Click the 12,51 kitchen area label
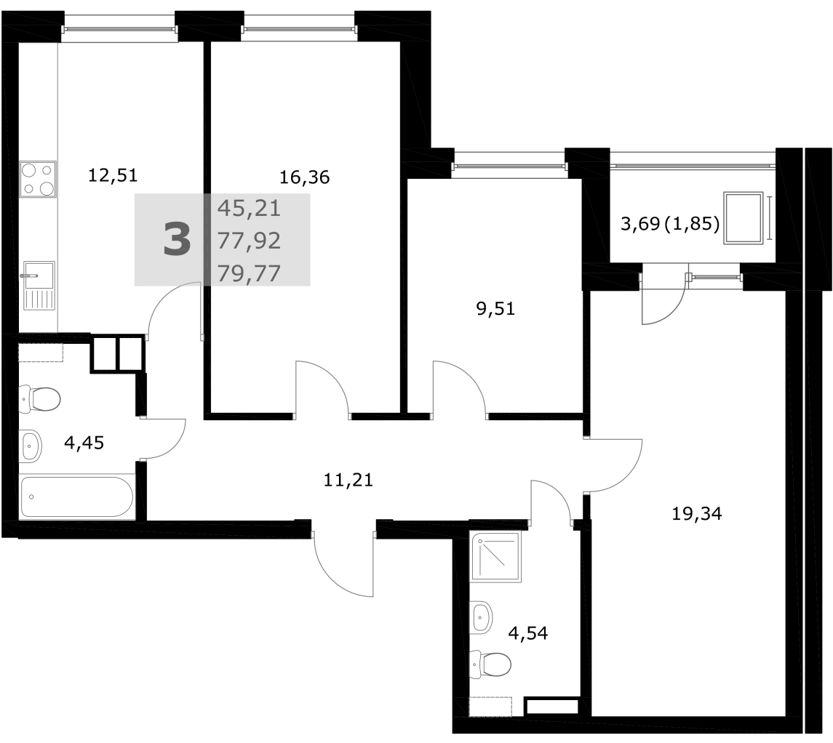tap(113, 174)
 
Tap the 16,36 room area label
tap(304, 177)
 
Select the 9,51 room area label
tap(495, 308)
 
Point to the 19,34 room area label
tap(697, 513)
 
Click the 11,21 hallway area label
tap(348, 480)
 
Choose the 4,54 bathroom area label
tap(528, 632)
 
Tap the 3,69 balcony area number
tap(640, 224)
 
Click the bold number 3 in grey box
tap(177, 240)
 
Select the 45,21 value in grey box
tap(249, 208)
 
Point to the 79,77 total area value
tap(249, 273)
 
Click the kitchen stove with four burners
tap(38, 180)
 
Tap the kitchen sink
tap(39, 286)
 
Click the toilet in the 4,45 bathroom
tap(40, 399)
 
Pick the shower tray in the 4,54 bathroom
tap(495, 557)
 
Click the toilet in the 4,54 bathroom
tap(490, 663)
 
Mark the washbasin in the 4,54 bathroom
tap(482, 618)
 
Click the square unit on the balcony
tap(744, 218)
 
